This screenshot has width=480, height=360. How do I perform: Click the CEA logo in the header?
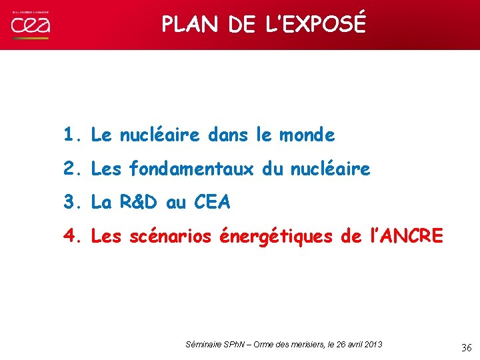click(x=31, y=25)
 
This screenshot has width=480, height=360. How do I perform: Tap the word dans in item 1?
click(x=227, y=135)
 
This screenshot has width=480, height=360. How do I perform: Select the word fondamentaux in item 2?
click(x=191, y=169)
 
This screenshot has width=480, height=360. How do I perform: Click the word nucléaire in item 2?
click(x=330, y=169)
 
